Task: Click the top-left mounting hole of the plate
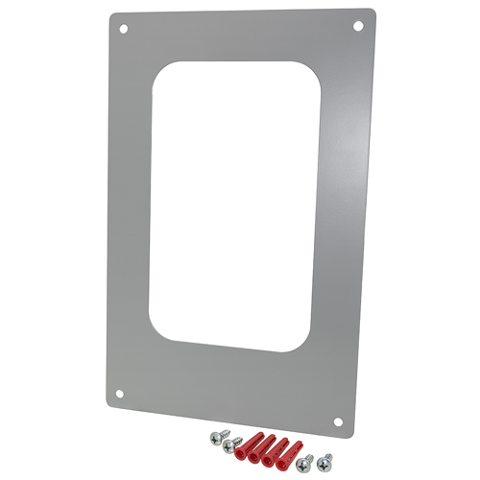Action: pyautogui.click(x=124, y=29)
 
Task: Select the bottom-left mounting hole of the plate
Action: pyautogui.click(x=120, y=393)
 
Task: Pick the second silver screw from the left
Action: pyautogui.click(x=230, y=444)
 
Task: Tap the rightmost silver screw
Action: pyautogui.click(x=324, y=461)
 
